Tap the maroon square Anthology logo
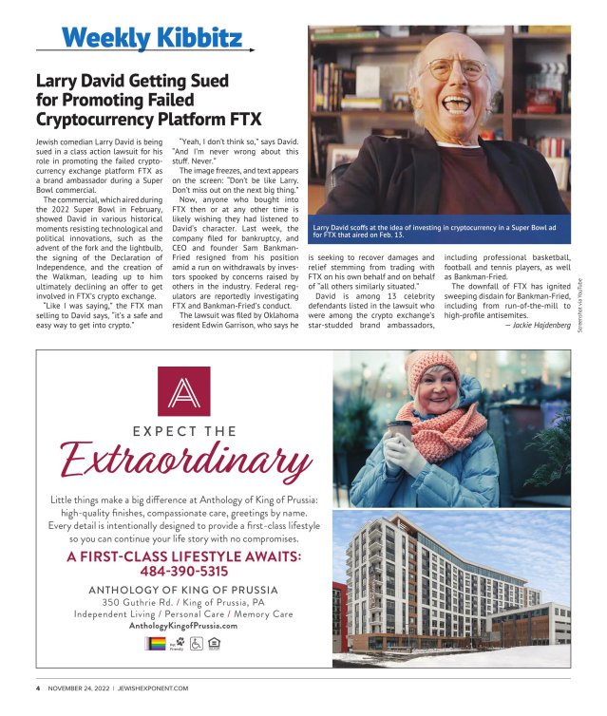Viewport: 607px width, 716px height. pyautogui.click(x=183, y=390)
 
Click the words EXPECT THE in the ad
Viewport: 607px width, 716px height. pyautogui.click(x=184, y=431)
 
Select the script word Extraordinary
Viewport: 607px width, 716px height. pyautogui.click(x=185, y=463)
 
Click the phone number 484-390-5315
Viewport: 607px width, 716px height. pyautogui.click(x=184, y=571)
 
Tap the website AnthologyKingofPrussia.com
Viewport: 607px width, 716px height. pyautogui.click(x=183, y=626)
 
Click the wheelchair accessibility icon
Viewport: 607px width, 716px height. pyautogui.click(x=198, y=645)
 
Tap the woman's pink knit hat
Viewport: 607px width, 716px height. pyautogui.click(x=432, y=366)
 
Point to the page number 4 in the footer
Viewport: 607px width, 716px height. pyautogui.click(x=38, y=688)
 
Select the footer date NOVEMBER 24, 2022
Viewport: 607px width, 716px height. pyautogui.click(x=79, y=688)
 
